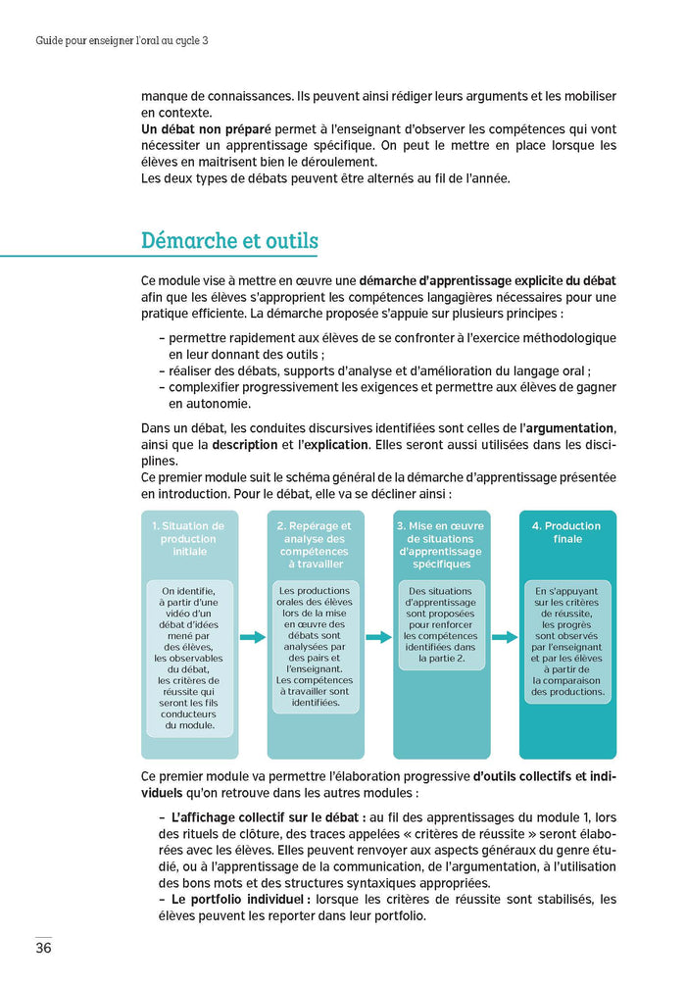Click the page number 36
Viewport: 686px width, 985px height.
(x=43, y=948)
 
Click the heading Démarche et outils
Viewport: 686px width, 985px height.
(x=229, y=240)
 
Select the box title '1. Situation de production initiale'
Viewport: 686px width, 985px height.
(x=189, y=538)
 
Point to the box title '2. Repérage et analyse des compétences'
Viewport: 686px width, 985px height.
(x=316, y=545)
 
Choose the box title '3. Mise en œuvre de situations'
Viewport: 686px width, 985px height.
(x=441, y=545)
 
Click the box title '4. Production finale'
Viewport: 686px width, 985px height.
(x=566, y=532)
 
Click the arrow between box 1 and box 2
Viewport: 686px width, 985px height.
(x=252, y=637)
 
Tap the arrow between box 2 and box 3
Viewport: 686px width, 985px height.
(x=378, y=637)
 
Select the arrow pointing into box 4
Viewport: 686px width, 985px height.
(x=504, y=637)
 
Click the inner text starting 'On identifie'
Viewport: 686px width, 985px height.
(x=189, y=658)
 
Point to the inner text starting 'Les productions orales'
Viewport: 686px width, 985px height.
(x=316, y=646)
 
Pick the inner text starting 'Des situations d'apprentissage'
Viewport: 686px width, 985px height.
(x=441, y=626)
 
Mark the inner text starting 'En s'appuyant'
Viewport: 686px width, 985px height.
(x=566, y=641)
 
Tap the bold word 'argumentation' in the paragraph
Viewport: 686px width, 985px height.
(x=572, y=428)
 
